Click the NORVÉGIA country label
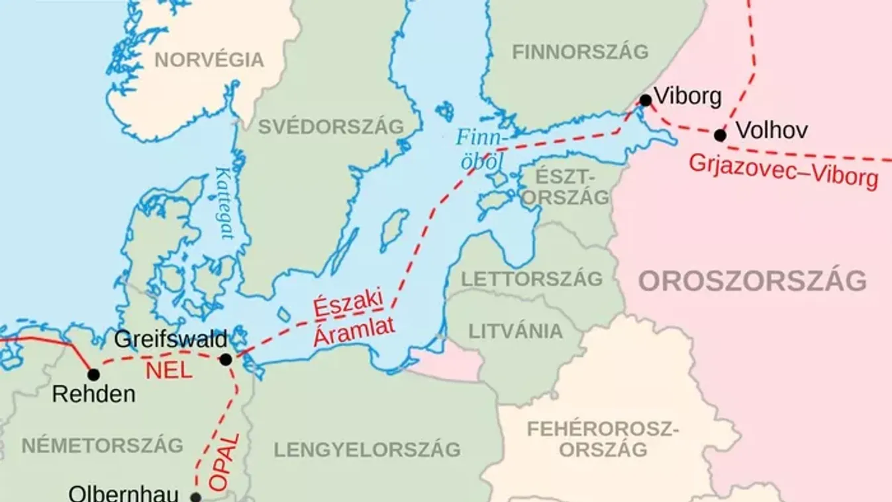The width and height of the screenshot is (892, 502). tap(209, 60)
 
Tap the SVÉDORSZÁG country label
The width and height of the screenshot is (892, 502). tap(330, 126)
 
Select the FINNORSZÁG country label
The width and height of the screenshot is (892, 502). tap(580, 52)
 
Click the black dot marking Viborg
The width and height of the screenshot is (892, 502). tap(645, 101)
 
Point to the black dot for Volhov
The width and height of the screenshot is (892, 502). tap(720, 135)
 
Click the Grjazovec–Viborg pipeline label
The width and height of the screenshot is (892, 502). tap(783, 171)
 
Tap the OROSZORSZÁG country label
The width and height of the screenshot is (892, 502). tap(752, 281)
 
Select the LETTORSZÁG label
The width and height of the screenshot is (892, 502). tap(532, 278)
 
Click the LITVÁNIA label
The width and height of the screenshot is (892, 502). tap(516, 331)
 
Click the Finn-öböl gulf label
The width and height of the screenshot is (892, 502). tap(481, 149)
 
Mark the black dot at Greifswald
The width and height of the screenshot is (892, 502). tap(226, 360)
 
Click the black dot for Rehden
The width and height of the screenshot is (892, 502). tap(93, 375)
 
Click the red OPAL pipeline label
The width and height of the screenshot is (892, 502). tap(221, 462)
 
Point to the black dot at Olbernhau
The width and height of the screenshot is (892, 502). tap(195, 497)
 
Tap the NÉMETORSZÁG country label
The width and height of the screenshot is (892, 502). tap(102, 446)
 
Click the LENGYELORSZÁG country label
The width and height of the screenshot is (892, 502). tap(367, 450)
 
